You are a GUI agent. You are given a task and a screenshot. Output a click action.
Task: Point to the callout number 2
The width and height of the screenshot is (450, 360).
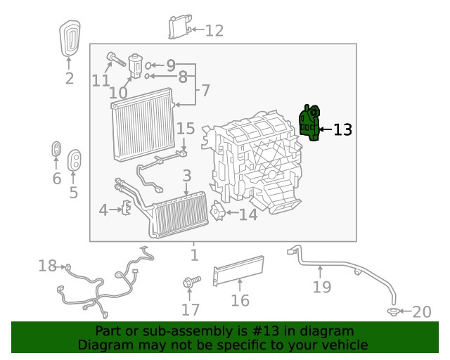coord(69,78)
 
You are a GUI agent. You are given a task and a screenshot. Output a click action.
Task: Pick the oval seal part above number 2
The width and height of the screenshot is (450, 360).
coord(69,39)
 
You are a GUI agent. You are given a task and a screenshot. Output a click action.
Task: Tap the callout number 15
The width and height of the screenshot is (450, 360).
coord(185,129)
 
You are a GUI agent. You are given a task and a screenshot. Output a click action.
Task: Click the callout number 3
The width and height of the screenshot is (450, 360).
coord(186,175)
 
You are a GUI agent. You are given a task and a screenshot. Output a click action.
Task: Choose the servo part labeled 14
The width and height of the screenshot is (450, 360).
coord(218,213)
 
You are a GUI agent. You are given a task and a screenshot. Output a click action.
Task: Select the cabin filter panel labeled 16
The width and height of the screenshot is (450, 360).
coord(238,271)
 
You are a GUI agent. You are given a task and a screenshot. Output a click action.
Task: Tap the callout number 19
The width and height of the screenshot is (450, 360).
coord(321,287)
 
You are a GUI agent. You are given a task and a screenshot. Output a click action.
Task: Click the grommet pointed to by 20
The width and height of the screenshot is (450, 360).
coord(394,310)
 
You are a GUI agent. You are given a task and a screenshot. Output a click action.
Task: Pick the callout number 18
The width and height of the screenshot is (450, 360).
coord(47,265)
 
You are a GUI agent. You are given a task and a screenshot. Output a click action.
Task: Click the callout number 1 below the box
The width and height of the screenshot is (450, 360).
coord(194,255)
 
